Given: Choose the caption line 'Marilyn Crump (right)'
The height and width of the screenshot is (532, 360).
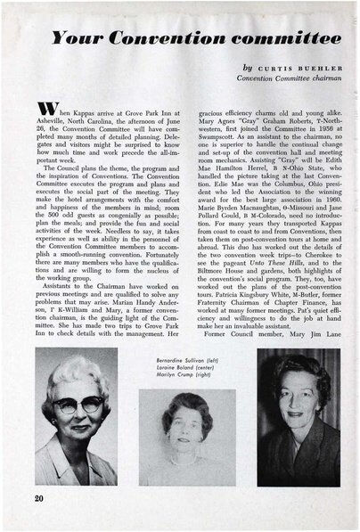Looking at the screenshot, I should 180,373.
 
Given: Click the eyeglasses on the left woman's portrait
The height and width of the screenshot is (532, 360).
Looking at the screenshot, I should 78,403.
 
